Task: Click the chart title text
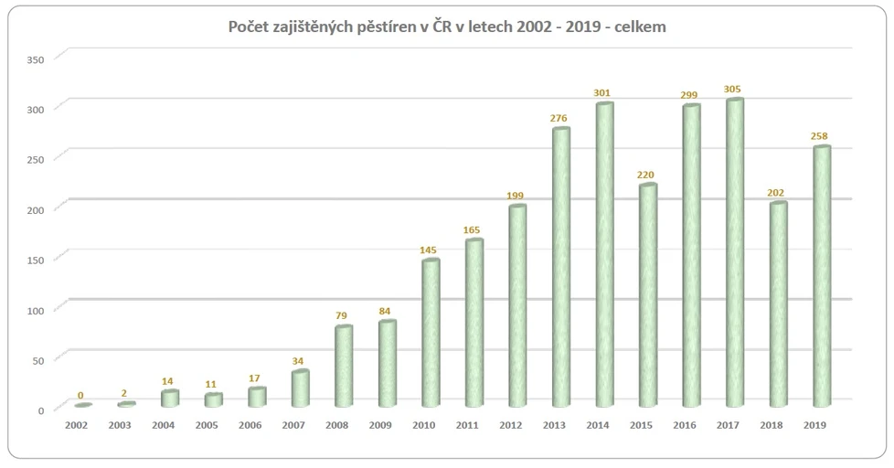pyautogui.click(x=446, y=27)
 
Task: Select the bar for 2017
pyautogui.click(x=734, y=252)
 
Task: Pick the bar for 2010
pyautogui.click(x=431, y=333)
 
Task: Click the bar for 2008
pyautogui.click(x=344, y=366)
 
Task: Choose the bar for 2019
pyautogui.click(x=821, y=276)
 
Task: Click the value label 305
pyautogui.click(x=732, y=89)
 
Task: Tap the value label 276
pyautogui.click(x=559, y=118)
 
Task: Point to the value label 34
pyautogui.click(x=299, y=360)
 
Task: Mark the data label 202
pyautogui.click(x=776, y=192)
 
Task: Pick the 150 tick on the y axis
pyautogui.click(x=36, y=259)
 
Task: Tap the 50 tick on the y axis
pyautogui.click(x=38, y=359)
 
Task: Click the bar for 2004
pyautogui.click(x=169, y=399)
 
